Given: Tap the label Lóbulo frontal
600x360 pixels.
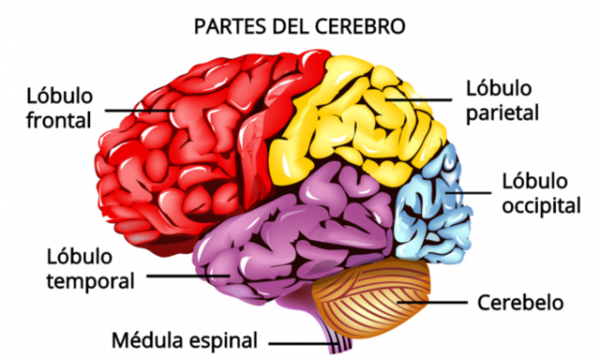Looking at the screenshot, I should pyautogui.click(x=58, y=109).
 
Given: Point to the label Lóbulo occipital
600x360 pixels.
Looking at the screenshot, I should pyautogui.click(x=542, y=192).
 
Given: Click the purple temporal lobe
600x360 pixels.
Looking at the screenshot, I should pyautogui.click(x=287, y=230).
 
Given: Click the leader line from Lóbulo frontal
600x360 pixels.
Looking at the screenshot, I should pyautogui.click(x=139, y=110).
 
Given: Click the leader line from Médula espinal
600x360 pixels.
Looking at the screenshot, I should pyautogui.click(x=297, y=341).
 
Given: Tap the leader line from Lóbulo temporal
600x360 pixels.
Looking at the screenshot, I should pyautogui.click(x=182, y=276).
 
